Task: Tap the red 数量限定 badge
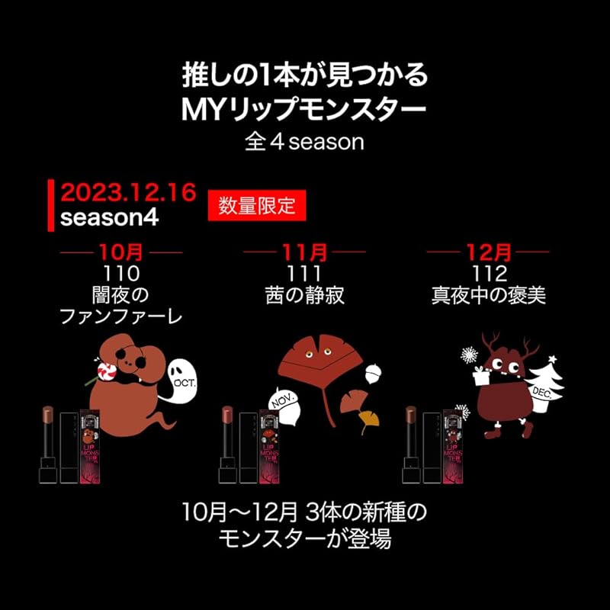click(x=251, y=205)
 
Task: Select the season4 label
click(x=109, y=217)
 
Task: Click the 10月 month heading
click(x=121, y=251)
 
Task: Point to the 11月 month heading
click(x=304, y=251)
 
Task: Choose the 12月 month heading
click(x=487, y=251)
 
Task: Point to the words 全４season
click(x=304, y=142)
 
